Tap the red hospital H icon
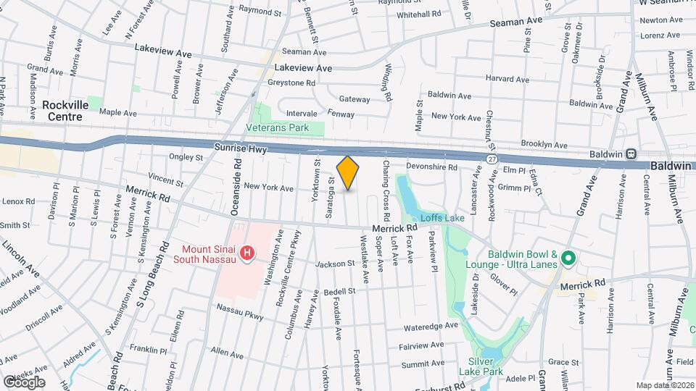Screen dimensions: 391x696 coord(247,253)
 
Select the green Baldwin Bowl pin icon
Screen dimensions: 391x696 coord(569,258)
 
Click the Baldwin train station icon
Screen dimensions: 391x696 coord(631,154)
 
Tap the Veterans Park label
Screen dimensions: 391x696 coord(287,128)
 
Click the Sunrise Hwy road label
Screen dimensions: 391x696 coord(241,148)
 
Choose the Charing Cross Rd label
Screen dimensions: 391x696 coord(386,191)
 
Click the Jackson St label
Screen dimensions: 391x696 coord(333,264)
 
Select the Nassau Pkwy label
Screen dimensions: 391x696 coord(240,311)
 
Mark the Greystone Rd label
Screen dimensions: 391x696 coord(291,83)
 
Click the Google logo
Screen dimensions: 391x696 coord(23,382)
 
